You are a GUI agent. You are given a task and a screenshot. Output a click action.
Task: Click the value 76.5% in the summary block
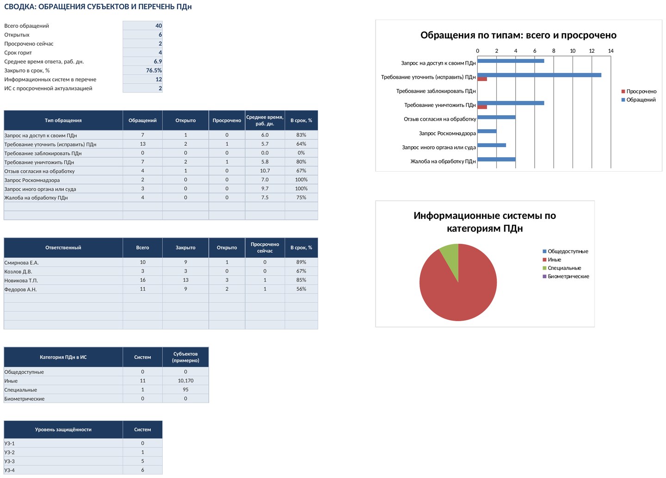click(x=154, y=70)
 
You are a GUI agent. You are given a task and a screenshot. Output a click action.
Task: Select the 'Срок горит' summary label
click(x=18, y=53)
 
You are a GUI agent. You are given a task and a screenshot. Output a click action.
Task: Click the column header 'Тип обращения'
click(x=63, y=120)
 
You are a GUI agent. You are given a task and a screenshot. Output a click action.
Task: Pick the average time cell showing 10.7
click(x=265, y=171)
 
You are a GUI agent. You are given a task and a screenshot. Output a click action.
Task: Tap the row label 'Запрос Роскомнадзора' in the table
click(x=32, y=180)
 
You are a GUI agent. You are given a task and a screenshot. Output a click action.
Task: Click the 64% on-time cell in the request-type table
click(x=301, y=144)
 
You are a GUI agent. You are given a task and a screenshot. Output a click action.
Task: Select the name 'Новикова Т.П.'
click(x=21, y=280)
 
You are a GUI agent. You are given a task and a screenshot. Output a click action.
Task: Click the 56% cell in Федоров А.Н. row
click(x=301, y=289)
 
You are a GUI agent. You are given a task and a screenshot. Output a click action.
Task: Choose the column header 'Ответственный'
click(x=63, y=248)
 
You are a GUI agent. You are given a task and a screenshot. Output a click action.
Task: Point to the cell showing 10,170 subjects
click(x=185, y=380)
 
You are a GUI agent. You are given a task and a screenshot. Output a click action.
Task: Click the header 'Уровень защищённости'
click(x=63, y=429)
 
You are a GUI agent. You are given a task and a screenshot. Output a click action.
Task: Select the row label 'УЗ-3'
click(x=9, y=461)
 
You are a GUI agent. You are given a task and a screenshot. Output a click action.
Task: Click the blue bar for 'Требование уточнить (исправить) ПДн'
click(x=539, y=75)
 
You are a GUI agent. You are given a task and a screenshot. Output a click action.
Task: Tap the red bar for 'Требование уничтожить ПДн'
click(x=482, y=107)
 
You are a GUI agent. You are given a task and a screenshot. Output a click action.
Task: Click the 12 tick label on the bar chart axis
click(x=592, y=51)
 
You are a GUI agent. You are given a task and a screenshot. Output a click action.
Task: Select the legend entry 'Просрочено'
click(x=639, y=91)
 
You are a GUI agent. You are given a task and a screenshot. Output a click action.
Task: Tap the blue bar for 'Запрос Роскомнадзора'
click(x=487, y=131)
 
